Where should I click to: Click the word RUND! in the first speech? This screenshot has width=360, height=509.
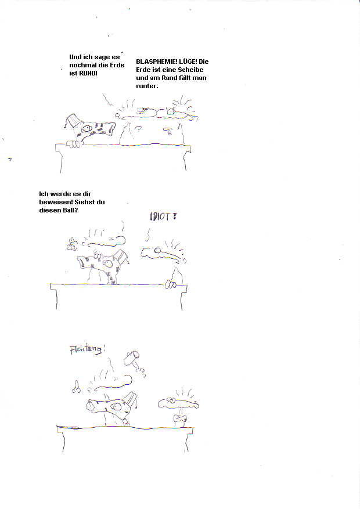click(x=88, y=73)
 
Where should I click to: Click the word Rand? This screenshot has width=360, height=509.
click(x=169, y=78)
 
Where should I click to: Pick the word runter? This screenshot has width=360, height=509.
click(x=147, y=86)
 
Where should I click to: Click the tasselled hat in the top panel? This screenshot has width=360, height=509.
click(x=73, y=121)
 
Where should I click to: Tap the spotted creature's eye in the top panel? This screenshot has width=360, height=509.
click(x=85, y=128)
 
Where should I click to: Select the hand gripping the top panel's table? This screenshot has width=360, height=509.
click(x=73, y=144)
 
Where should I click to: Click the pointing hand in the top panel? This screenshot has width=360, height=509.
click(x=168, y=131)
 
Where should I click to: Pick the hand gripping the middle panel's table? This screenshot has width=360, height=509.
click(x=171, y=284)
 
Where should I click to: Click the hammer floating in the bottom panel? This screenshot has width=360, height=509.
click(x=134, y=360)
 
